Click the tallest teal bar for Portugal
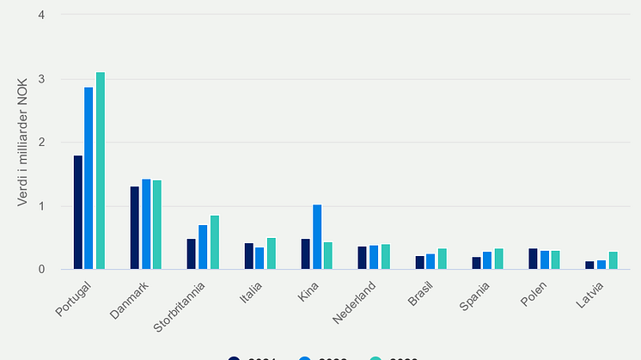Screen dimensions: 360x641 101,171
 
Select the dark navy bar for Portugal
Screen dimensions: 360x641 78,212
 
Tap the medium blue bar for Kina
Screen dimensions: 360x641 316,237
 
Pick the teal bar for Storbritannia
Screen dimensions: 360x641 214,242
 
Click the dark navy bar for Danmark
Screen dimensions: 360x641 135,228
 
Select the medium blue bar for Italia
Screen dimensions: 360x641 259,259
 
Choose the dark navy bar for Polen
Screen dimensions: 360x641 533,259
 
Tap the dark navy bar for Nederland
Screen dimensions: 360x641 362,258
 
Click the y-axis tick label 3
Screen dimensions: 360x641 42,79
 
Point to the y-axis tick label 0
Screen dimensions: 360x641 42,270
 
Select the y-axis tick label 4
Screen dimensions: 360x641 42,15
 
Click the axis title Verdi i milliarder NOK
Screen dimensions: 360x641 22,143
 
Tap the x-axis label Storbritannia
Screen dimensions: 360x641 182,306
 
